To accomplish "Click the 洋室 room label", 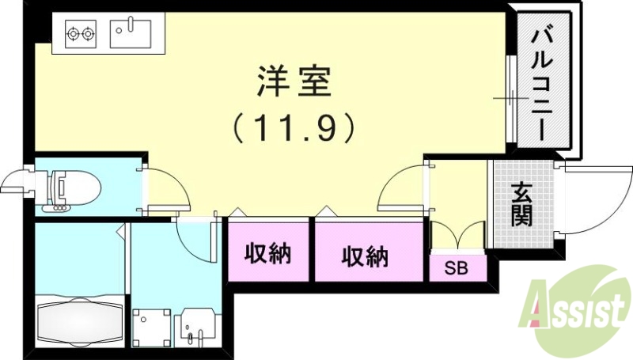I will point(294,81).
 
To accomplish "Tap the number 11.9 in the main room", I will point(294,127).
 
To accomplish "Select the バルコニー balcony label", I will point(543,82).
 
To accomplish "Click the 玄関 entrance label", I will point(521,204).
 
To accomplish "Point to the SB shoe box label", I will point(455,268).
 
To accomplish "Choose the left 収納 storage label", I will point(267,254).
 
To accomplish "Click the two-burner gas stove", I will point(79,35).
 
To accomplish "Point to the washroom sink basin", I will point(194,324).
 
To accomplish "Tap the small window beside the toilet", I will point(16,181).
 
